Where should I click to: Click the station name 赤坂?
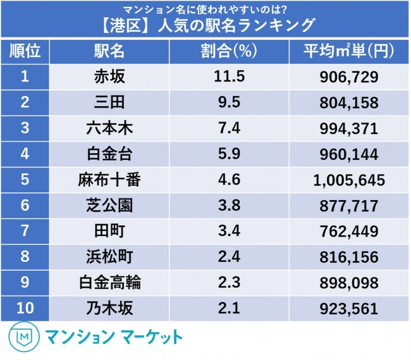pyautogui.click(x=109, y=77)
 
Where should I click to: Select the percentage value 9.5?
pyautogui.click(x=229, y=102)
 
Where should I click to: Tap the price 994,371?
pyautogui.click(x=348, y=128)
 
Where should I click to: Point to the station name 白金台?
pyautogui.click(x=109, y=154)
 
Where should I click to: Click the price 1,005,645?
pyautogui.click(x=349, y=180)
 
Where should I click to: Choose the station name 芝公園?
pyautogui.click(x=109, y=205)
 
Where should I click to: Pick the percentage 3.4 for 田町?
pyautogui.click(x=229, y=231)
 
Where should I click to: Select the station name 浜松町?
pyautogui.click(x=109, y=257)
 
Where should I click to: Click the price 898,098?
pyautogui.click(x=348, y=283)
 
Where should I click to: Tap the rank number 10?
pyautogui.click(x=25, y=308)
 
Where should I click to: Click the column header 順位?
pyautogui.click(x=25, y=51)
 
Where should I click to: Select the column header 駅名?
pyautogui.click(x=109, y=51)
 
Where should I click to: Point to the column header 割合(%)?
pyautogui.click(x=229, y=51)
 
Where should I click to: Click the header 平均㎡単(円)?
pyautogui.click(x=348, y=51)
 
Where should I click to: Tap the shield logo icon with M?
pyautogui.click(x=24, y=337)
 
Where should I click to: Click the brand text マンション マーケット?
pyautogui.click(x=114, y=337)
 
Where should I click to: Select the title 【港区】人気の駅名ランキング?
pyautogui.click(x=207, y=25)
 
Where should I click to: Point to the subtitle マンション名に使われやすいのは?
pyautogui.click(x=205, y=9)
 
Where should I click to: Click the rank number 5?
pyautogui.click(x=25, y=180)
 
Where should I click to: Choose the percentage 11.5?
pyautogui.click(x=229, y=77)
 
